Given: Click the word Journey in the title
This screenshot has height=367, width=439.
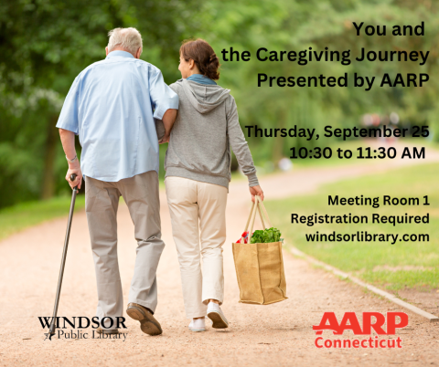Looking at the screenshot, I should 393,56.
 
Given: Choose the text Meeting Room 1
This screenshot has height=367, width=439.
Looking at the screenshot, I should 378,200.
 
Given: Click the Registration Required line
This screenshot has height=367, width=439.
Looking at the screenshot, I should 359,218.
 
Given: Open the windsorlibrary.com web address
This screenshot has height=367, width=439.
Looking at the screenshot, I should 368,236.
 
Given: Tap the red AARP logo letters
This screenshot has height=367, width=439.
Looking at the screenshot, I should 359,323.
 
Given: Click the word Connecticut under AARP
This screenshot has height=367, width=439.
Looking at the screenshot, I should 359,342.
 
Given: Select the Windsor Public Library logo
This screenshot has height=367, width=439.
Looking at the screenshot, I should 83,327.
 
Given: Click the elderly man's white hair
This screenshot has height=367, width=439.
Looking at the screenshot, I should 125,37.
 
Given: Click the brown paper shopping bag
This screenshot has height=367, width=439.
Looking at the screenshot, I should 260,270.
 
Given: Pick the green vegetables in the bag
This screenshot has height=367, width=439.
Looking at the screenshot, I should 266,236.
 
